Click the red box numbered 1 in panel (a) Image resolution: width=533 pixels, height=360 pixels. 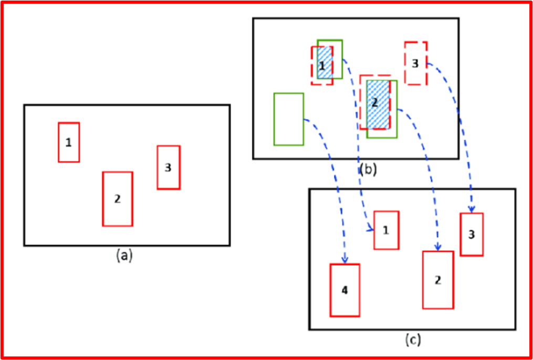(69, 142)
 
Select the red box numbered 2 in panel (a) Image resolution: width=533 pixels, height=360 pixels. (118, 199)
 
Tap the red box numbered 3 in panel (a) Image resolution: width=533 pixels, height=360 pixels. (169, 167)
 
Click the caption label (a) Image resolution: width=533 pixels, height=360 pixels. (124, 256)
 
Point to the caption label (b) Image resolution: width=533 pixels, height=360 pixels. (368, 169)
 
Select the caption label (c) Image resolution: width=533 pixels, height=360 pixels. (413, 340)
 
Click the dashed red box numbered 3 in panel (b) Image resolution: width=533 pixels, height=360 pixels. (415, 63)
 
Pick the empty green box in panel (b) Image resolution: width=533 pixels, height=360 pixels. (289, 119)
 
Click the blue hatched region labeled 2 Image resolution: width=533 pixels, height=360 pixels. (378, 104)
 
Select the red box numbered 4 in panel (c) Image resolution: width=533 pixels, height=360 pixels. (345, 290)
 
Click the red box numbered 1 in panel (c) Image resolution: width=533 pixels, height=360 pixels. (386, 230)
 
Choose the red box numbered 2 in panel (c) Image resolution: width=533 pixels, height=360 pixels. (438, 280)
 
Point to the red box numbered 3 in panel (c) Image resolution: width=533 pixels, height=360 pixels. (472, 235)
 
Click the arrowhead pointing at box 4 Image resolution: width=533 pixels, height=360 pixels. (345, 259)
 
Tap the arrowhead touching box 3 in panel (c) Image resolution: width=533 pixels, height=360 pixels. (472, 209)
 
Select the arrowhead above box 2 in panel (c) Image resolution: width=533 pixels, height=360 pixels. (438, 247)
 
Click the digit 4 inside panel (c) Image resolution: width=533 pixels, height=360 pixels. (345, 290)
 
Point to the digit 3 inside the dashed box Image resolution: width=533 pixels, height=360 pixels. (415, 63)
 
